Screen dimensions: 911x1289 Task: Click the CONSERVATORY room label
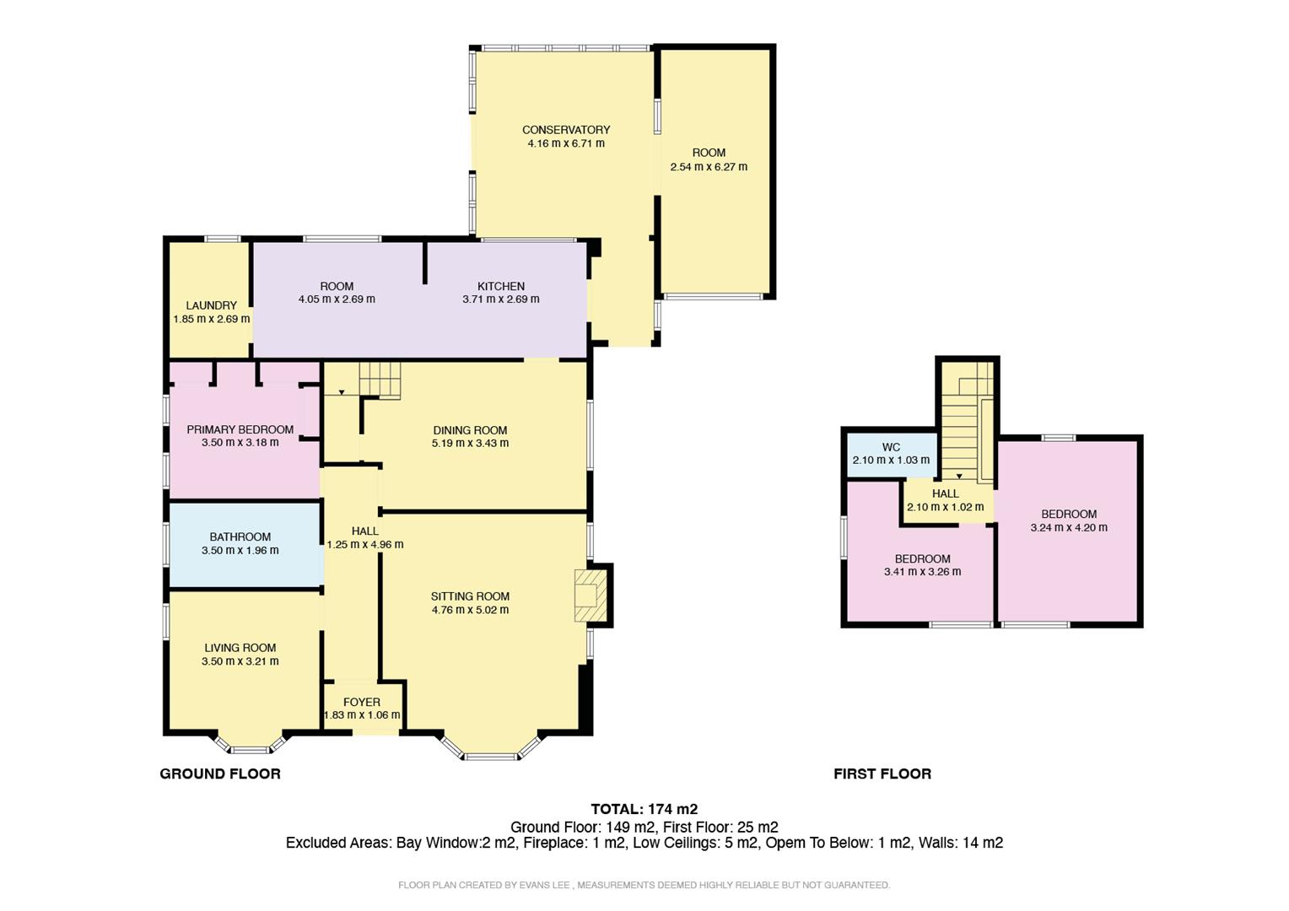click(x=566, y=130)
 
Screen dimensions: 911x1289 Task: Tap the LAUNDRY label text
click(x=212, y=305)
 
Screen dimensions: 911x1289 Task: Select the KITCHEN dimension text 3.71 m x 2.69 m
click(x=501, y=299)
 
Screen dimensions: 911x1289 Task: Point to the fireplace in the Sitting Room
click(x=590, y=596)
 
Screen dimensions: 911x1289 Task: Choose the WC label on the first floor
click(x=891, y=447)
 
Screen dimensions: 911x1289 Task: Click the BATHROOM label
click(x=240, y=536)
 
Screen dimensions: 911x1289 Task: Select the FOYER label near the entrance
click(x=362, y=702)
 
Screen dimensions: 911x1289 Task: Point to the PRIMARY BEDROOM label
click(x=240, y=429)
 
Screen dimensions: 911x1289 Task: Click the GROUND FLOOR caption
click(x=220, y=774)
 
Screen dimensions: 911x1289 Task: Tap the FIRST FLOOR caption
click(x=882, y=774)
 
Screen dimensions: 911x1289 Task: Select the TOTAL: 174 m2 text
click(x=644, y=809)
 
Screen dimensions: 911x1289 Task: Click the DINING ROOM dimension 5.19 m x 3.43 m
click(x=470, y=444)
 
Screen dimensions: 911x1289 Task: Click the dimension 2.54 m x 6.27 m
click(x=709, y=167)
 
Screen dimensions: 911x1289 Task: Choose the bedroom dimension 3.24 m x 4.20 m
click(x=1069, y=528)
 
